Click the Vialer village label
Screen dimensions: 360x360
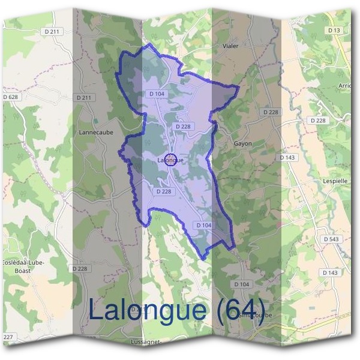(230, 46)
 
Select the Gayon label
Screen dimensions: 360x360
(242, 144)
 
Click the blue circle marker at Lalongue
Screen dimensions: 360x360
(170, 160)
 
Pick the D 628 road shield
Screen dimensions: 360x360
(10, 97)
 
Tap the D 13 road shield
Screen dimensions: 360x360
(334, 29)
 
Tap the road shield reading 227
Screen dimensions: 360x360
(8, 338)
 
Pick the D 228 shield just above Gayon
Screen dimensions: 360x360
(271, 112)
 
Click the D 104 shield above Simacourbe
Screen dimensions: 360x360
(241, 284)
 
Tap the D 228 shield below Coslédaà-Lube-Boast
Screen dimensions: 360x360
(80, 269)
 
